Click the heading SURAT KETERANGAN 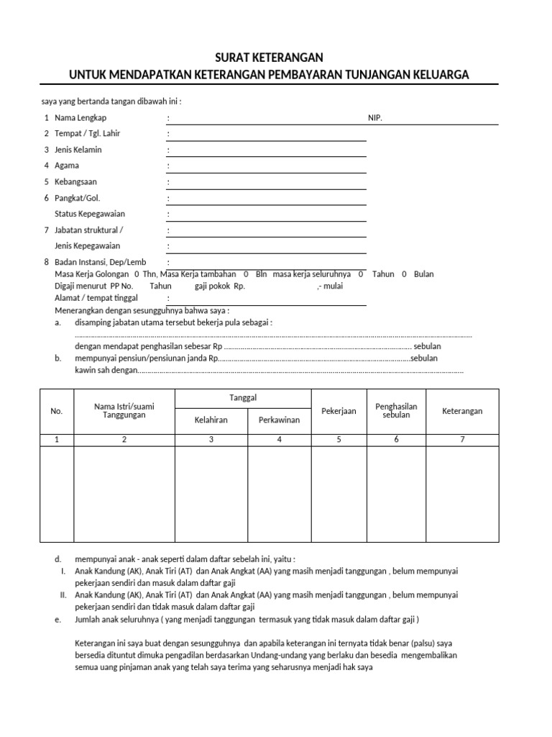(269, 58)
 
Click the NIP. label (375, 117)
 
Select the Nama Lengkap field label (80, 117)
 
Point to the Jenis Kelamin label (78, 150)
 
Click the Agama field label (67, 166)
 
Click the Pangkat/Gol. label (77, 198)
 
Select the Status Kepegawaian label (90, 214)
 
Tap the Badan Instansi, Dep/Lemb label (100, 263)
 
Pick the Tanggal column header (243, 398)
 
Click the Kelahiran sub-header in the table (211, 420)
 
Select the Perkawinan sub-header (279, 420)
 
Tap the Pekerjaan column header (339, 411)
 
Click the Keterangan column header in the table (462, 411)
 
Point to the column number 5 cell (339, 440)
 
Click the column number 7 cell (462, 440)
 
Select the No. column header (57, 411)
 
